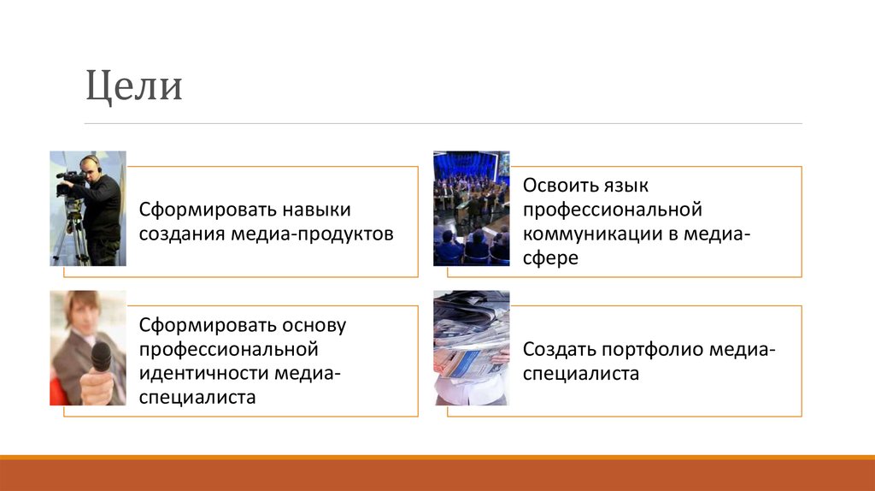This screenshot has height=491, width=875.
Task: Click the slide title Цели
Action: [x=134, y=86]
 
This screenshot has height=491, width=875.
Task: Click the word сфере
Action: [x=550, y=257]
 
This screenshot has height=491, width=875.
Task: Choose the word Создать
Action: [x=559, y=349]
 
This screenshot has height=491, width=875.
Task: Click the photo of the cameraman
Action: [x=88, y=209]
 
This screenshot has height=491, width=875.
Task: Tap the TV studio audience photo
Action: [x=471, y=209]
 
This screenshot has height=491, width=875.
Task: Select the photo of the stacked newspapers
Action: [x=471, y=347]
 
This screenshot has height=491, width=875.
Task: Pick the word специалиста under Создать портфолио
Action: [x=581, y=373]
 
